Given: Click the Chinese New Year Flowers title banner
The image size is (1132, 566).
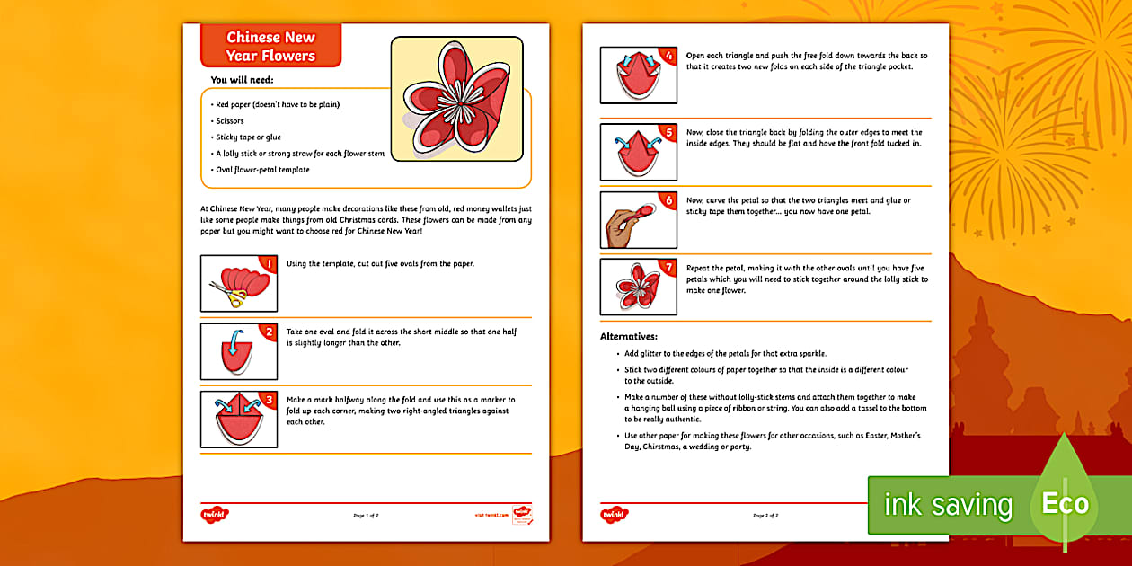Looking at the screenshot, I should [x=270, y=47].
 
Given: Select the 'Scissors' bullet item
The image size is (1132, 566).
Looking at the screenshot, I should [x=230, y=120].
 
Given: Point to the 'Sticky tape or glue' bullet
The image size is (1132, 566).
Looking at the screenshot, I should [x=248, y=137].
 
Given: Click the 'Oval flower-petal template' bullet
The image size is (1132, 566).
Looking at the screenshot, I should [x=262, y=170].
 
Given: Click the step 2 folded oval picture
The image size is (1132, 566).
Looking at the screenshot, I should [x=238, y=351].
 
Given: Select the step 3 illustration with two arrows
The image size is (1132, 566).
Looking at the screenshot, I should [x=238, y=419].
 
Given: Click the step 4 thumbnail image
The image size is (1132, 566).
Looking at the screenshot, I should [x=638, y=75].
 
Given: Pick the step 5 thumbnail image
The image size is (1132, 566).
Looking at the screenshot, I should [x=638, y=150].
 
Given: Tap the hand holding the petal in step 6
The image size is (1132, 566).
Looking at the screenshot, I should [x=623, y=222].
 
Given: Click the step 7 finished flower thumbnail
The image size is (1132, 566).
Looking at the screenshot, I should [x=638, y=287].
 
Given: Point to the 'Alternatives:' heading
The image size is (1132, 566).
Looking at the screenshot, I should [x=629, y=336].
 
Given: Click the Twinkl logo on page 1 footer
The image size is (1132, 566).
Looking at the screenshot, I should [x=214, y=516].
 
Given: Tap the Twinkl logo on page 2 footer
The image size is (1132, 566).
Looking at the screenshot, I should [x=615, y=516].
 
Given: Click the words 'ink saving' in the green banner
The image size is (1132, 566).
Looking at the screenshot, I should [x=948, y=505].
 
